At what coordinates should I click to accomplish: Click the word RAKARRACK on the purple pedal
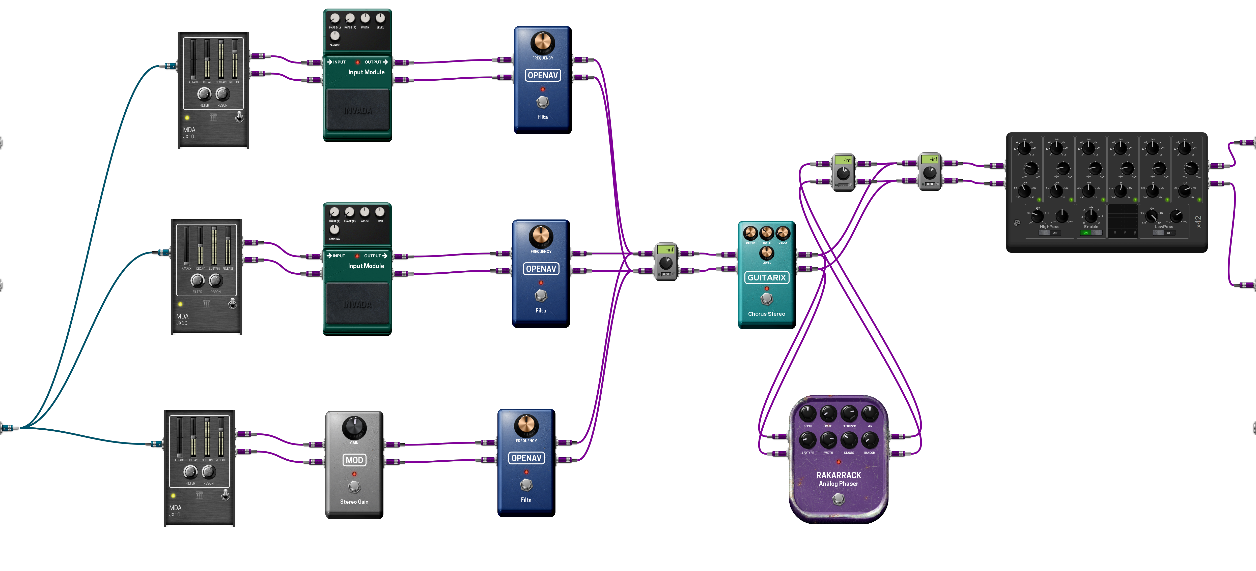(x=838, y=475)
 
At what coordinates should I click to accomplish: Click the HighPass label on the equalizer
(x=1049, y=227)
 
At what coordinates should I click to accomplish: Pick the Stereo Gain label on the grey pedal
(x=354, y=502)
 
